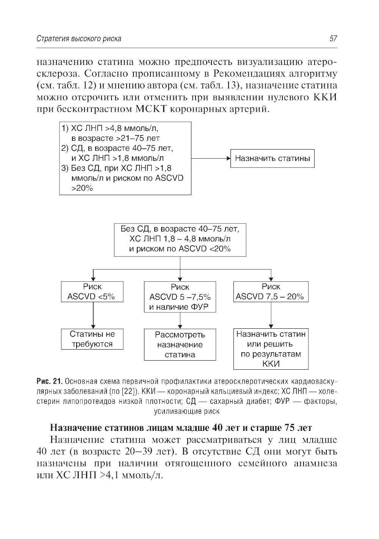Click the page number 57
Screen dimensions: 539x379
(x=333, y=39)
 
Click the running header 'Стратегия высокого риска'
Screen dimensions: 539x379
(x=79, y=39)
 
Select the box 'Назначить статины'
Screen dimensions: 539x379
(x=273, y=158)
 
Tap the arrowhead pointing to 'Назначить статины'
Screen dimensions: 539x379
(x=229, y=158)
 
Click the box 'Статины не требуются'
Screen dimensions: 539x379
(x=92, y=339)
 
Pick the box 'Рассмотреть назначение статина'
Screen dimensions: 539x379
(x=180, y=345)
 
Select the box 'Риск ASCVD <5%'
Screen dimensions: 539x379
(x=92, y=292)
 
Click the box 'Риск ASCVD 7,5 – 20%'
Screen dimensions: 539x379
(x=271, y=292)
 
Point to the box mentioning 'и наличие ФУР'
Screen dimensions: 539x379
(x=180, y=297)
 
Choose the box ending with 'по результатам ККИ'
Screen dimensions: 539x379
(x=271, y=349)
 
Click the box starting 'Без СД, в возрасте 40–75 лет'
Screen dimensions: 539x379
(x=180, y=239)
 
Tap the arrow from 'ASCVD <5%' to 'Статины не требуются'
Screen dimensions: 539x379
(x=93, y=315)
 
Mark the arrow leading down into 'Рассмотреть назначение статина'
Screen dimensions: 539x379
(x=180, y=321)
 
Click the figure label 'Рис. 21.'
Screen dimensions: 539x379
(x=49, y=381)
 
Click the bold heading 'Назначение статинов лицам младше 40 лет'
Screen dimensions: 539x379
(x=181, y=428)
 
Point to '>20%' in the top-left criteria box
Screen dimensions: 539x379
(x=82, y=188)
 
